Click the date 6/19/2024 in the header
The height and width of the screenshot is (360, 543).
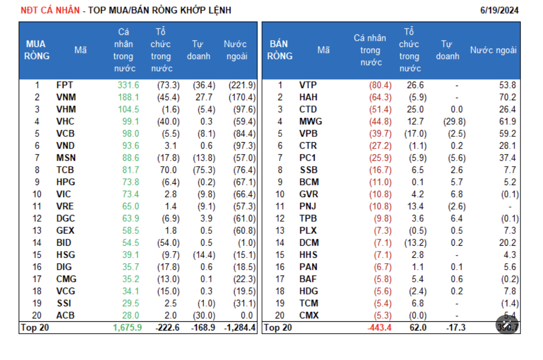click(x=499, y=10)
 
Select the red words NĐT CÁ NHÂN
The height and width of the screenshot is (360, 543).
click(x=50, y=10)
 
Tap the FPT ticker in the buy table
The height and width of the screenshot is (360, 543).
click(x=64, y=85)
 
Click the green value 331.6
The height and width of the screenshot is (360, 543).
click(x=128, y=85)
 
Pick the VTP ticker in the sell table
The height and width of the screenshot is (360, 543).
click(x=308, y=85)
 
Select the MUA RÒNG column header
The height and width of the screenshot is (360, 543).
click(x=37, y=50)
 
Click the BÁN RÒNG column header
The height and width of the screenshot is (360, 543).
click(x=280, y=50)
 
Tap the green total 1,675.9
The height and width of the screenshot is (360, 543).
click(x=127, y=328)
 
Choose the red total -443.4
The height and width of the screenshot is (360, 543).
click(x=379, y=328)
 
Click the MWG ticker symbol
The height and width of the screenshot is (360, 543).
click(x=311, y=122)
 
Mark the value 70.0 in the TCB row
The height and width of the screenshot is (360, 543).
click(x=169, y=170)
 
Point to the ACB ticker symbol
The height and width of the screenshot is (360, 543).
click(x=65, y=316)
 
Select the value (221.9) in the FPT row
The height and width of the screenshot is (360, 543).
click(x=242, y=85)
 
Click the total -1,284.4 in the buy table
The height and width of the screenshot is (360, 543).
click(x=239, y=328)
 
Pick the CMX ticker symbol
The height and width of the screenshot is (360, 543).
click(x=309, y=316)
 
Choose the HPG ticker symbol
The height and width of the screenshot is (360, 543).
click(x=65, y=182)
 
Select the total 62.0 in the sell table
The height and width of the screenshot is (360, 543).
click(x=417, y=328)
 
